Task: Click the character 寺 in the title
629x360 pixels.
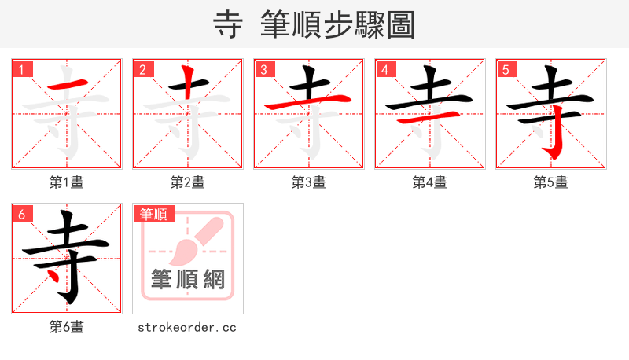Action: (228, 24)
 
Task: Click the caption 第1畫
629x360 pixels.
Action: (66, 182)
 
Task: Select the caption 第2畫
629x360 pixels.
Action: (187, 182)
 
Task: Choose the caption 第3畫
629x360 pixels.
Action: (308, 182)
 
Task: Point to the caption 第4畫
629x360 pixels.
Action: (429, 182)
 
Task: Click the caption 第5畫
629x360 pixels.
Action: (550, 182)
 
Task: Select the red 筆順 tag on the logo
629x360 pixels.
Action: (153, 214)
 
